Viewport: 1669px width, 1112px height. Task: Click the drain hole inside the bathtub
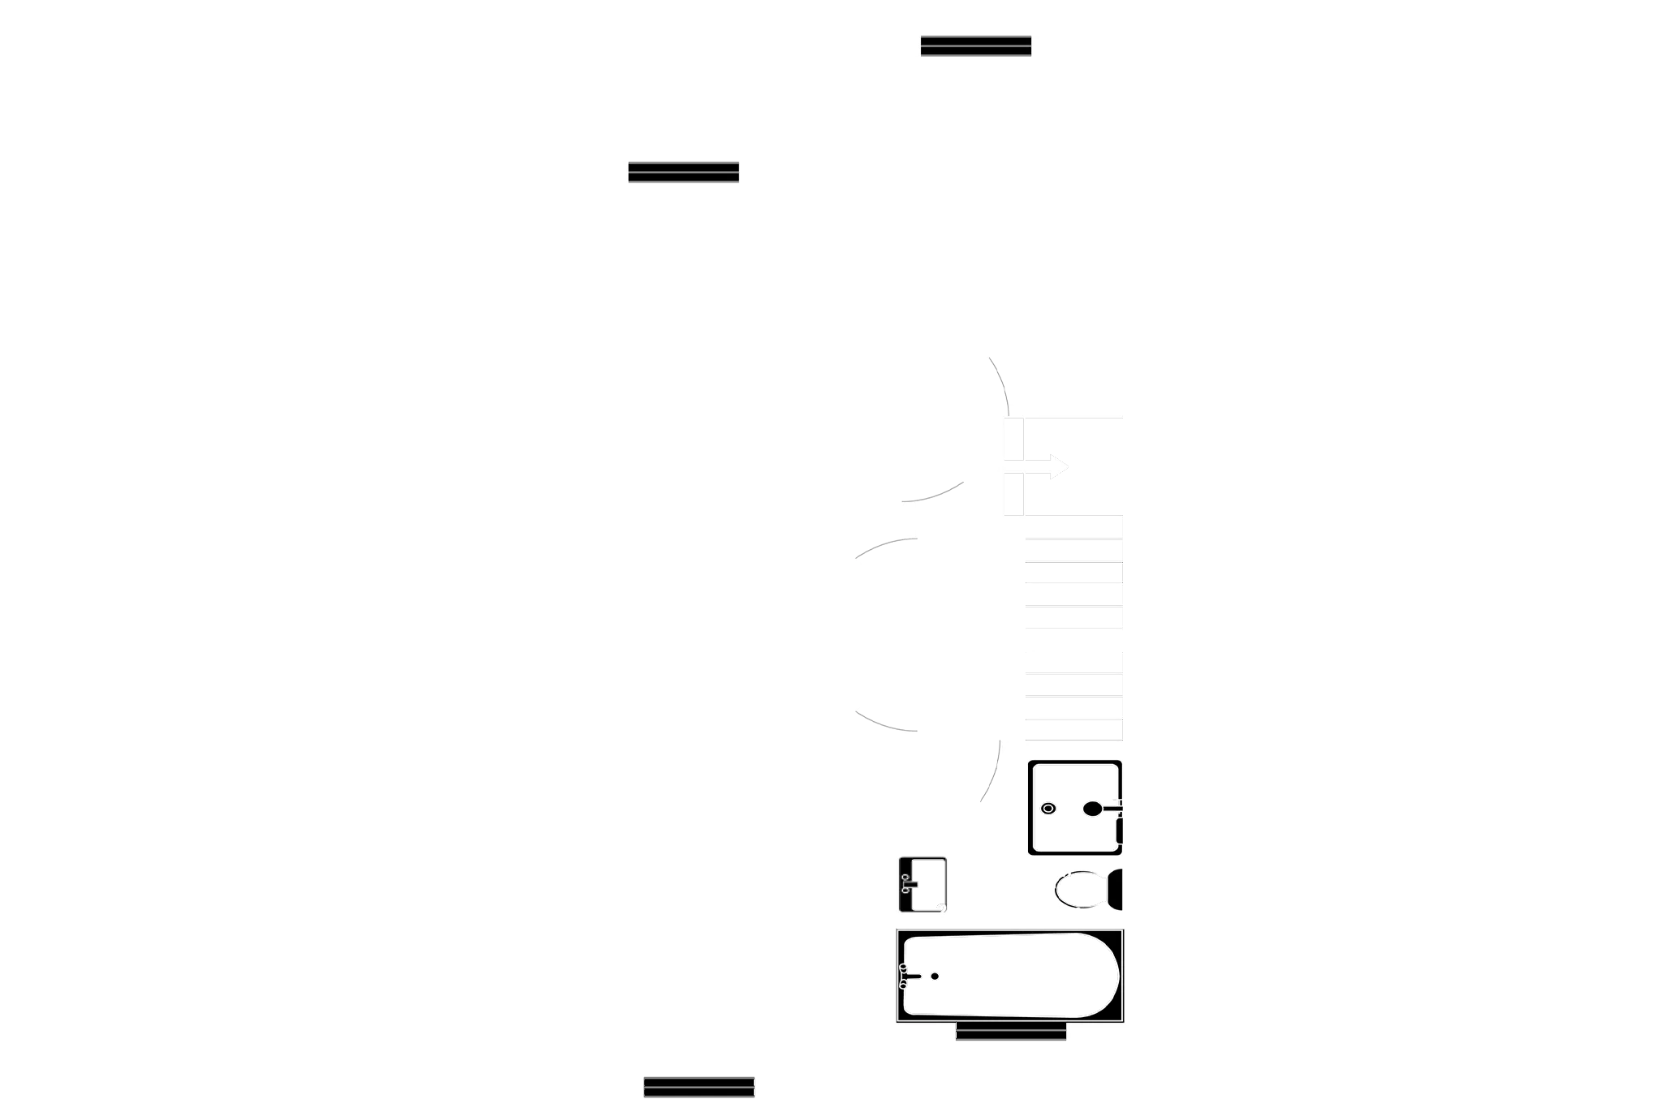tap(935, 976)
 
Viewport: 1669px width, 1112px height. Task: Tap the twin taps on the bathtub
tap(903, 976)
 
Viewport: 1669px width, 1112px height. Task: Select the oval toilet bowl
tap(1079, 889)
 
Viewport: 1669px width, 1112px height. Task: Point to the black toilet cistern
tap(1116, 890)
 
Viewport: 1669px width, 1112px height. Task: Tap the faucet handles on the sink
tap(906, 884)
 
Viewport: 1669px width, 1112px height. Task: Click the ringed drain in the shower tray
tap(1048, 809)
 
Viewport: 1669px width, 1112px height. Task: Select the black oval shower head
tap(1093, 809)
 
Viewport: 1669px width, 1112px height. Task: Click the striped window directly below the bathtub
tap(1011, 1032)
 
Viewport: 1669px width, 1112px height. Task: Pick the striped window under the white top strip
tap(976, 45)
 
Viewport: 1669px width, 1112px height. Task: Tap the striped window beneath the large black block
tap(683, 172)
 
